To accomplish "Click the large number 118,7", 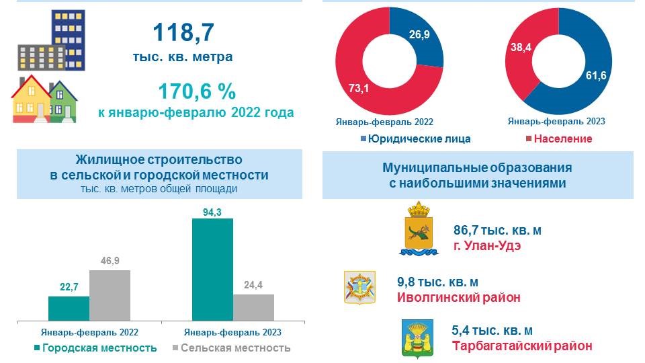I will point(182,33).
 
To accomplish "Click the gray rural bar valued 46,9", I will point(110,294).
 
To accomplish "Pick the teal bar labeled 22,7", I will point(69,308).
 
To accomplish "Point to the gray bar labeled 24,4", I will point(253,307).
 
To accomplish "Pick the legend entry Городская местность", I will point(95,348).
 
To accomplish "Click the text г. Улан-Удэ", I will point(487,246).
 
